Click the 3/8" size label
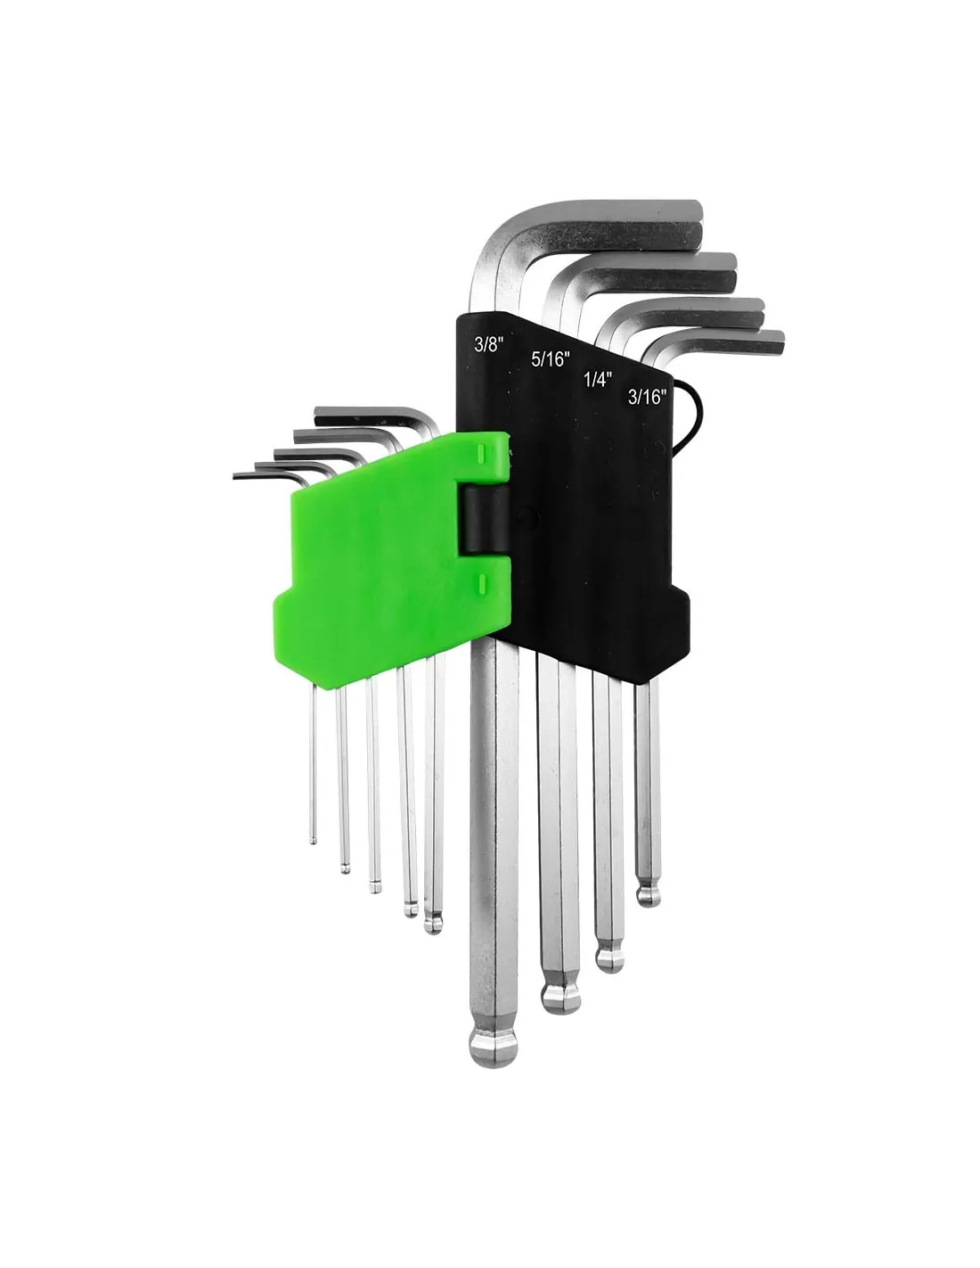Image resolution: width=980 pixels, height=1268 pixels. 487,343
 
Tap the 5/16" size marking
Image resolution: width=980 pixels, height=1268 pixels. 549,358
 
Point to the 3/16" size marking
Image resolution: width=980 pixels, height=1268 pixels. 647,398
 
